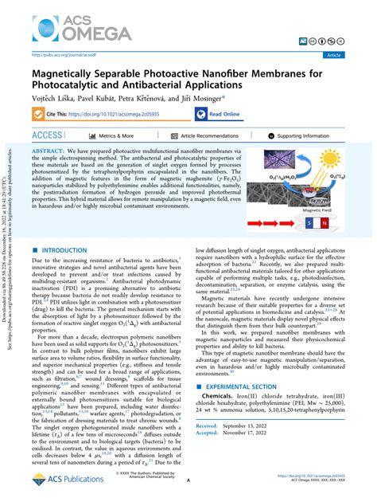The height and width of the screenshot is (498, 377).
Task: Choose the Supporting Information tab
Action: coord(305,136)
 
